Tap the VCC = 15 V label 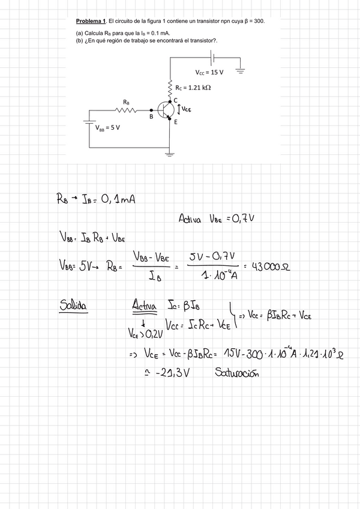point(209,72)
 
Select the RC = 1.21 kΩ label point(193,87)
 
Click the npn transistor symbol point(165,109)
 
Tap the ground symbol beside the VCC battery point(241,70)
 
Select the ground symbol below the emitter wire point(170,154)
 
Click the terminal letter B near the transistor point(152,118)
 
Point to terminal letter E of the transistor point(175,122)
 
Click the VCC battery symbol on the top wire point(212,58)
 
